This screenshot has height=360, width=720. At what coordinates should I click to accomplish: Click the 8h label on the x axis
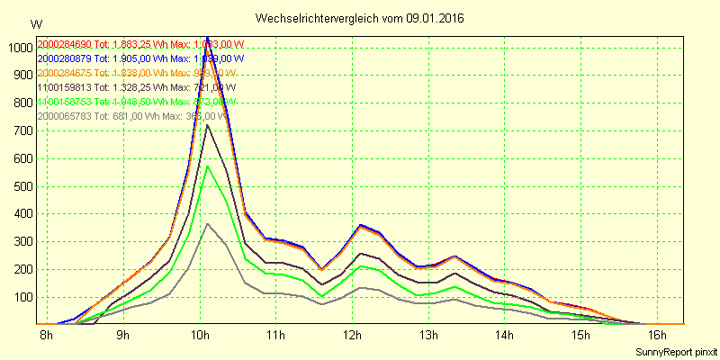(46, 336)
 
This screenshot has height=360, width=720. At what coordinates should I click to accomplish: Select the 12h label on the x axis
(352, 336)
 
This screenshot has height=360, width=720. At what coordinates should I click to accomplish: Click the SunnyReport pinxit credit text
(676, 351)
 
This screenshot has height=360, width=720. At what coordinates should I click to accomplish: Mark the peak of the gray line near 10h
(208, 223)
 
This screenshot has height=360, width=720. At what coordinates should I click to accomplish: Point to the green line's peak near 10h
(208, 166)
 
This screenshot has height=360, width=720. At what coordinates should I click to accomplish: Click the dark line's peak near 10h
(208, 124)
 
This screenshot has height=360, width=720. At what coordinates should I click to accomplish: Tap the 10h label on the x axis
(199, 336)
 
